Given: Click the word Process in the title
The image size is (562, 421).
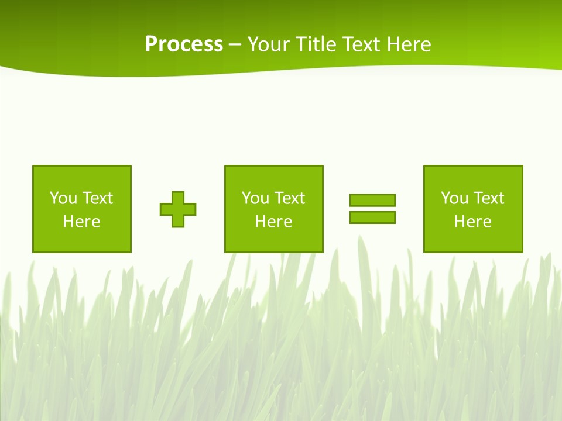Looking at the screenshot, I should [x=184, y=44].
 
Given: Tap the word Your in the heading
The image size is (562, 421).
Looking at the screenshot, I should [x=269, y=44].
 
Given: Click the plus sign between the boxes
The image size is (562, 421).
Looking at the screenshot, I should [x=178, y=209].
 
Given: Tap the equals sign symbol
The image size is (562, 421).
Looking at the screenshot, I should [x=372, y=209].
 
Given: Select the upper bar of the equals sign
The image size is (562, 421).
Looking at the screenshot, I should [x=372, y=200].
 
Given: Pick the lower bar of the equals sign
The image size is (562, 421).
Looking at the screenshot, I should [x=372, y=217].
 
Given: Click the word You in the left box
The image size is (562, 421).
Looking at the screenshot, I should [x=63, y=198].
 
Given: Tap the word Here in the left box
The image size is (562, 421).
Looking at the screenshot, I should [x=82, y=222].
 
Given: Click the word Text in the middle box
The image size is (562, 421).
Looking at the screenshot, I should [x=290, y=198].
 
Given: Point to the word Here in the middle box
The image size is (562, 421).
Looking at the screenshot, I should [x=274, y=222].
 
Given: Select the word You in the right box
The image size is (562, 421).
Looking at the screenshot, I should [x=454, y=198].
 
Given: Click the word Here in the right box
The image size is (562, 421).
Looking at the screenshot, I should [x=473, y=222].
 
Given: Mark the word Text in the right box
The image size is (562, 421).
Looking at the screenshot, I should [x=489, y=198].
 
